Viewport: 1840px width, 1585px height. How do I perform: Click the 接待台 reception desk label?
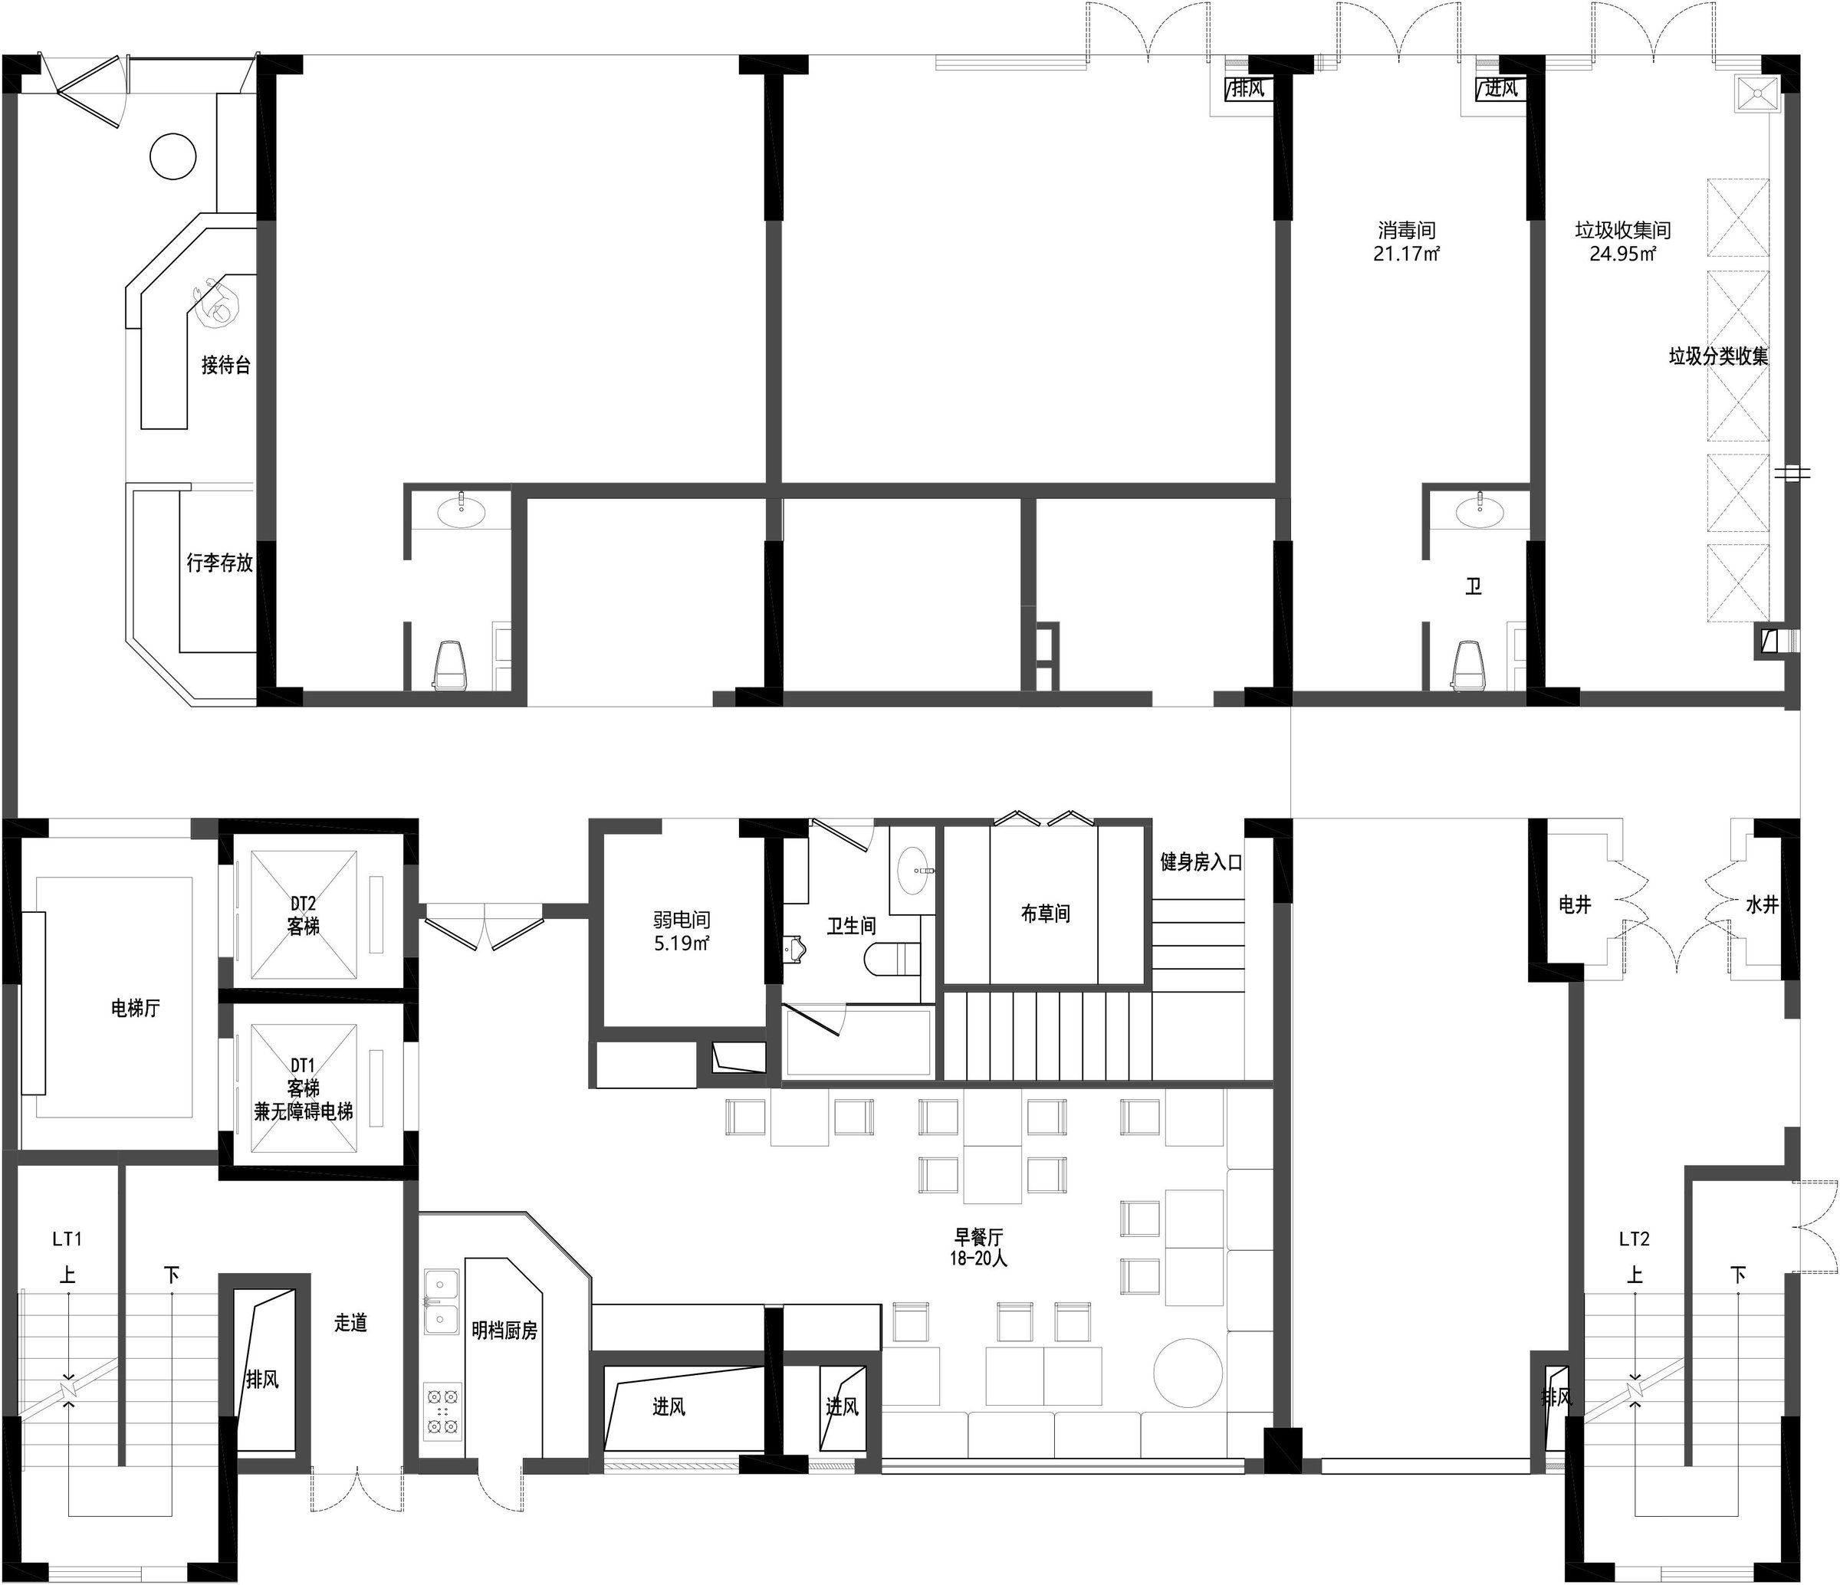tap(225, 365)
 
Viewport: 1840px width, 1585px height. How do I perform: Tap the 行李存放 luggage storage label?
tap(219, 563)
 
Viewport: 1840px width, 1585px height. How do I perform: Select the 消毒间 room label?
tap(1407, 231)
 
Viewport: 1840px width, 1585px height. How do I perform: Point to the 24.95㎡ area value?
tap(1622, 254)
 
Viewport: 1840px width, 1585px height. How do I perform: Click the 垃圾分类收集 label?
tap(1718, 357)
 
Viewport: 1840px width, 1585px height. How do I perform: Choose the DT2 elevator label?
tap(303, 904)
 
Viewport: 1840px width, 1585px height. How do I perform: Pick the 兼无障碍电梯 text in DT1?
tap(304, 1111)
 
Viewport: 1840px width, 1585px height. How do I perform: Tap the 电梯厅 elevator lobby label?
tap(135, 1008)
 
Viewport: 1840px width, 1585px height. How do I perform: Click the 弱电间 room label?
tap(682, 920)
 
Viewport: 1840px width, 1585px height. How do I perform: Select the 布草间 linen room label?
tap(1045, 914)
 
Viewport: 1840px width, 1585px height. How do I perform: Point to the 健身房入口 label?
tap(1201, 862)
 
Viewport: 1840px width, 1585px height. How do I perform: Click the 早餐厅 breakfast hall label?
tap(978, 1236)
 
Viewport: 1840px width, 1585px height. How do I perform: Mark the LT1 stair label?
tap(67, 1239)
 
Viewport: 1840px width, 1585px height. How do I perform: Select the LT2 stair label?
tap(1634, 1239)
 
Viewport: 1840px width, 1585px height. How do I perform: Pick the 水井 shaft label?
tap(1762, 905)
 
